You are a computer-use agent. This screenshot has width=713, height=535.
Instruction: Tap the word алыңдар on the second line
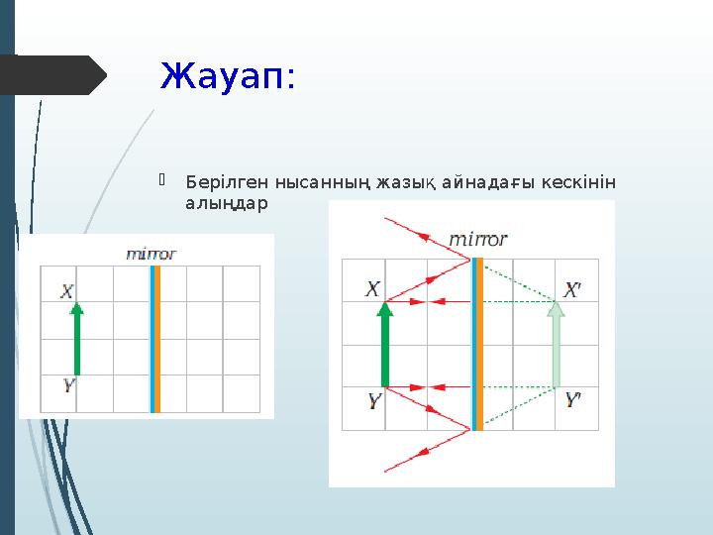(x=227, y=203)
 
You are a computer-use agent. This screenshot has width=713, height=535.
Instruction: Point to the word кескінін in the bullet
(x=578, y=182)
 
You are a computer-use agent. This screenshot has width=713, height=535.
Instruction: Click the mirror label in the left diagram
(x=151, y=254)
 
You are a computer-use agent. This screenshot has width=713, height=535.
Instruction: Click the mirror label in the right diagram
(x=477, y=240)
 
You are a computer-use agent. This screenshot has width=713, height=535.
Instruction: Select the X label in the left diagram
(x=67, y=291)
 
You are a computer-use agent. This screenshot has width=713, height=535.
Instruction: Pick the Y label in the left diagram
(x=68, y=384)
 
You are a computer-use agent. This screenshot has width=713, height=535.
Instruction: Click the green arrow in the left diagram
(x=77, y=339)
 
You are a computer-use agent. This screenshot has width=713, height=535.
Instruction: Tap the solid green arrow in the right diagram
(x=385, y=345)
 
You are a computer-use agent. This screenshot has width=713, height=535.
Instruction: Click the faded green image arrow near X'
(x=556, y=345)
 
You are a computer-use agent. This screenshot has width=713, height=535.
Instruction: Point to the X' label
(x=572, y=289)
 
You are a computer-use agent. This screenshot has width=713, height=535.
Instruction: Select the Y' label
(x=573, y=400)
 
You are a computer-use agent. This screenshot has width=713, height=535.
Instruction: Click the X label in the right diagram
(x=372, y=289)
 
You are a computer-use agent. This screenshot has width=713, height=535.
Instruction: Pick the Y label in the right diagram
(x=374, y=401)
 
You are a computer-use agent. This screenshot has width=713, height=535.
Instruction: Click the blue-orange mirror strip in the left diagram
(x=155, y=339)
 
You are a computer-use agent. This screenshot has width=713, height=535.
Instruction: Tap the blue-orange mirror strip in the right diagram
(x=477, y=344)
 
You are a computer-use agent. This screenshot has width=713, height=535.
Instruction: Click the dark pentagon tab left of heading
(x=53, y=75)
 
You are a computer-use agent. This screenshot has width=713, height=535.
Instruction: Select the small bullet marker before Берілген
(x=161, y=179)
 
